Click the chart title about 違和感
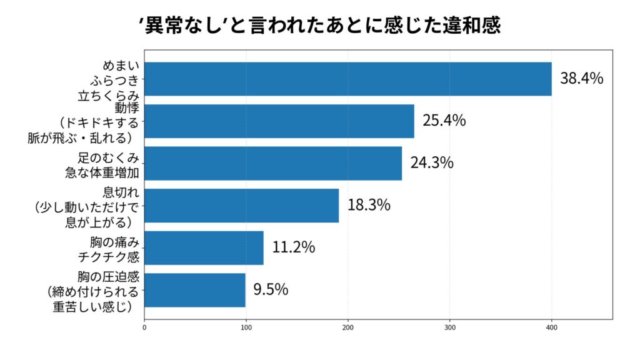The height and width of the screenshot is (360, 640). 319,26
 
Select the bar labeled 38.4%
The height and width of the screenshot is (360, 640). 347,79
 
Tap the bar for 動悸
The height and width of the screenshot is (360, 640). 279,121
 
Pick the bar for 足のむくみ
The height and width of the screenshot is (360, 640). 273,163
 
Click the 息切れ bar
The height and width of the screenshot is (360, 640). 241,205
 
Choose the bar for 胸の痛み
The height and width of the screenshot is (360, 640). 204,247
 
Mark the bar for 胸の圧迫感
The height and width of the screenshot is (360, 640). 195,289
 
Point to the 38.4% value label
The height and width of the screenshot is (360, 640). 581,79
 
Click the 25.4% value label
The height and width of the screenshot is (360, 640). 444,121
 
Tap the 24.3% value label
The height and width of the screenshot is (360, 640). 431,163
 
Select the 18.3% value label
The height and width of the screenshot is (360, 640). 369,205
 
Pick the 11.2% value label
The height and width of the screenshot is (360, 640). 293,247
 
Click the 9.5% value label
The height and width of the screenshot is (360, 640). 271,289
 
